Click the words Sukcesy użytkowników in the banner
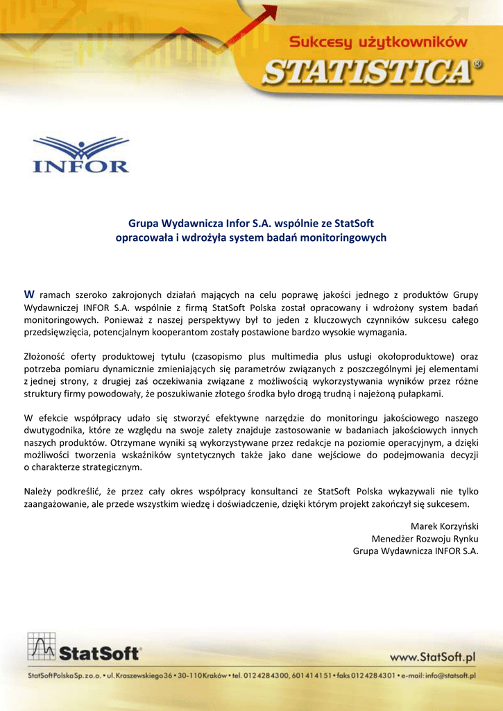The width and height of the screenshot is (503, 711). pos(377,42)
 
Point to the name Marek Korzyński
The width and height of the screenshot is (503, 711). pos(445,526)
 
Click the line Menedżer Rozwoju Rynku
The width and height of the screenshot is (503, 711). pos(425,539)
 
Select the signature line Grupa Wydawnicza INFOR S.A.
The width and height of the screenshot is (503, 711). pos(416,552)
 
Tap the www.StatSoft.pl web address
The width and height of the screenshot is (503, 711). pos(432,657)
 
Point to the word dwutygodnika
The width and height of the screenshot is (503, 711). pos(53,431)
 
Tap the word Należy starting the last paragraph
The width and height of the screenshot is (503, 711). pos(39,492)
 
